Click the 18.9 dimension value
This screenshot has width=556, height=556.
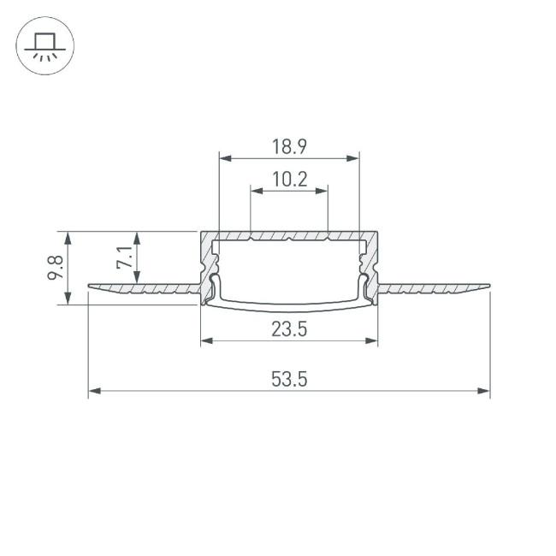point(289,146)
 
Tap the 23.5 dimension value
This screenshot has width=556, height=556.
point(289,329)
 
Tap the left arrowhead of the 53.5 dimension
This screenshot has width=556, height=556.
point(93,392)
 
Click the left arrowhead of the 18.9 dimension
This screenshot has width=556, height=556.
point(224,157)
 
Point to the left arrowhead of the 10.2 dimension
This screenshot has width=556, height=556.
point(254,191)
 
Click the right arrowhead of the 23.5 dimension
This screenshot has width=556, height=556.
point(372,340)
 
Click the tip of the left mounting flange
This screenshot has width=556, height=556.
point(90,287)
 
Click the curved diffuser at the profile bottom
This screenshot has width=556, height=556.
point(289,300)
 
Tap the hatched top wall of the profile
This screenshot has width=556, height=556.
point(289,235)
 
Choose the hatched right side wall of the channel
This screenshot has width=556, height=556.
point(372,261)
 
